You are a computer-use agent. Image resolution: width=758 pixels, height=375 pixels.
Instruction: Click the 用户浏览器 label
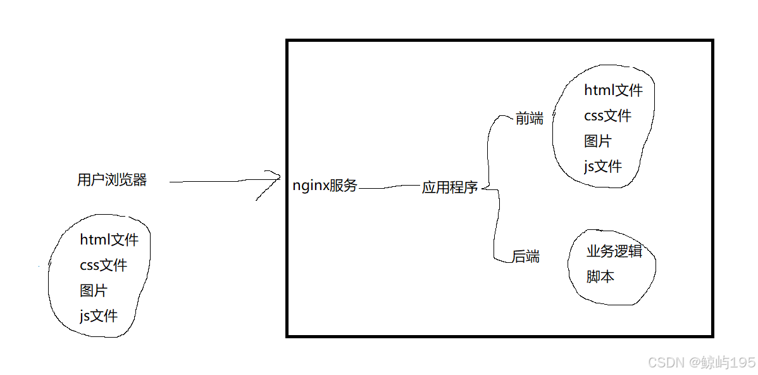coord(112,181)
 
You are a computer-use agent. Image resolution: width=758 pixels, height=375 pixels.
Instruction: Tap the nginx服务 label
coord(325,186)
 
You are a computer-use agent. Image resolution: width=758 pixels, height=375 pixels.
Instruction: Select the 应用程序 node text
coord(450,188)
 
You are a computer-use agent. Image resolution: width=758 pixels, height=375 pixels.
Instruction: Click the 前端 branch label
coord(530,119)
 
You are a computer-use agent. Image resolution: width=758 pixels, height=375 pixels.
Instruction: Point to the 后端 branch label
coord(526,257)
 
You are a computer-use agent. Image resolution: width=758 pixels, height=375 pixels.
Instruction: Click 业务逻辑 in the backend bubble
coord(614,251)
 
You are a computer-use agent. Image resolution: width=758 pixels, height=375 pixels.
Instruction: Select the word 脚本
coord(600,277)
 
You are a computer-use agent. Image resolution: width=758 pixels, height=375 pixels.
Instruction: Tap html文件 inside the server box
coord(613,91)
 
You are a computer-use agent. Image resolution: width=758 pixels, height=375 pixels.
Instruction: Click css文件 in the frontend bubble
coord(607,116)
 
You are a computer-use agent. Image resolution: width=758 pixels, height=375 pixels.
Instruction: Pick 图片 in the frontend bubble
coord(598,141)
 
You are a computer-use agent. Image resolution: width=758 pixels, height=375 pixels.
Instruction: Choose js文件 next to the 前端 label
coord(603,167)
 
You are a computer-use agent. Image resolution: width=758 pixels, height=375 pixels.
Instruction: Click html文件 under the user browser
coord(109,240)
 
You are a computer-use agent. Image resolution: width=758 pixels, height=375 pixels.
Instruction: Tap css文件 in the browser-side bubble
coord(103,265)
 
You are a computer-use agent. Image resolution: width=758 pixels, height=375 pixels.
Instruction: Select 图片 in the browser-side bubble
coord(94,291)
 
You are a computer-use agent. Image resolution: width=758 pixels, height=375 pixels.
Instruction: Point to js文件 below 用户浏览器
coord(99,315)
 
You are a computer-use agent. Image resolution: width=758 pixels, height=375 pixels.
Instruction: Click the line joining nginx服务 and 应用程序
coord(390,187)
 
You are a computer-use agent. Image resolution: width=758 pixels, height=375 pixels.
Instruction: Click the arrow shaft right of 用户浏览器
coord(215,182)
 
